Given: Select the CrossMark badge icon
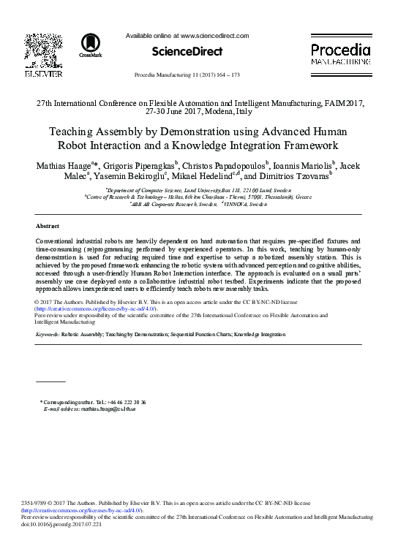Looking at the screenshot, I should pyautogui.click(x=91, y=45).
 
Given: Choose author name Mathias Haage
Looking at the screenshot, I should pyautogui.click(x=62, y=165).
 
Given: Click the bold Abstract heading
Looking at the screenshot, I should pyautogui.click(x=48, y=226).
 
